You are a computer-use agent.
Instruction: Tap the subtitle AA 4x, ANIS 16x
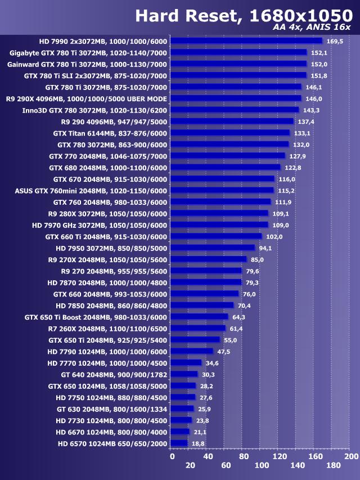[312, 27]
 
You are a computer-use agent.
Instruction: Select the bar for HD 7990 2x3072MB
[246, 41]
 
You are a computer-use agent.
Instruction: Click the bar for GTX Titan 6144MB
[230, 133]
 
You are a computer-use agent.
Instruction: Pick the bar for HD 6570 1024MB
[179, 443]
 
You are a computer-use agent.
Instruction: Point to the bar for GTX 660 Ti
[216, 236]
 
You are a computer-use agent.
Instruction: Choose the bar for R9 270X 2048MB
[209, 259]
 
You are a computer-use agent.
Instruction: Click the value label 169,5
[334, 41]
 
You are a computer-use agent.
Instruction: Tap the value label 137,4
[305, 122]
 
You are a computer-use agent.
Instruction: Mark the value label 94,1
[266, 248]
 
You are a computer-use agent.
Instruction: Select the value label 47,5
[224, 352]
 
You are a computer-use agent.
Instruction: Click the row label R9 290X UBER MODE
[87, 98]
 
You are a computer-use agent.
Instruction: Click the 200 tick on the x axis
[351, 456]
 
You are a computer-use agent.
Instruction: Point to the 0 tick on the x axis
[172, 456]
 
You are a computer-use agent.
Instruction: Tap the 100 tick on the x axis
[262, 465]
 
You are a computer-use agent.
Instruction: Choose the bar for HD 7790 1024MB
[192, 351]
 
